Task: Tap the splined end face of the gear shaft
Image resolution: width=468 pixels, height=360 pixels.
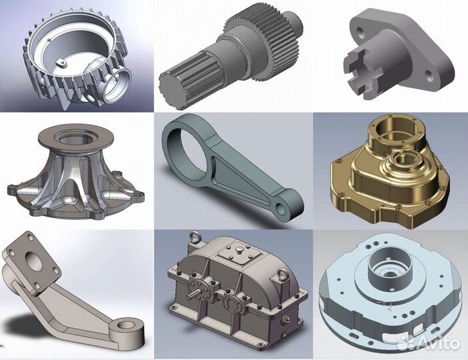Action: point(170,91)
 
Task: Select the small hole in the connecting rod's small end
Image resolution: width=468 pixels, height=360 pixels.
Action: point(281,209)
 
